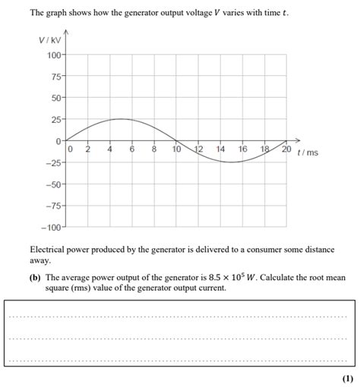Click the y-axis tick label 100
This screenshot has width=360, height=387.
[x=54, y=55]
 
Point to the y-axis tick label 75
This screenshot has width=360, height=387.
[x=56, y=77]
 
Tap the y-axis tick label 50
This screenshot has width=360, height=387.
[x=56, y=99]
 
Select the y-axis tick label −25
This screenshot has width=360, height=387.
[x=53, y=163]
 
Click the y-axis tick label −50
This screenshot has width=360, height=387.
[x=53, y=184]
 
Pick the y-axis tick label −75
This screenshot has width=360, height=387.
[x=53, y=206]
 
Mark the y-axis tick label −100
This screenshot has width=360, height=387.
[x=51, y=227]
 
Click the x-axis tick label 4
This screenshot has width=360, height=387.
[x=110, y=150]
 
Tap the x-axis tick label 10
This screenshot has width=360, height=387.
[x=176, y=150]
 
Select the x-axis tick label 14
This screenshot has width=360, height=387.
[x=220, y=150]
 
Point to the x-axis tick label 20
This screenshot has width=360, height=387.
[x=286, y=150]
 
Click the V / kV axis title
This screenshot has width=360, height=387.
[x=49, y=40]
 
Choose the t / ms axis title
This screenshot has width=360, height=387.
[x=308, y=153]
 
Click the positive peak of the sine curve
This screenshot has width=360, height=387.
[x=121, y=119]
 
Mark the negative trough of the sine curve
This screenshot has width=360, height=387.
[x=231, y=162]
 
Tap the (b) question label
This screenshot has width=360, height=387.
[x=35, y=278]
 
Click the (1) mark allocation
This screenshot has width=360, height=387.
[x=347, y=378]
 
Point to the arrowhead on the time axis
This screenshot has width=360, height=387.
[x=297, y=140]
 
